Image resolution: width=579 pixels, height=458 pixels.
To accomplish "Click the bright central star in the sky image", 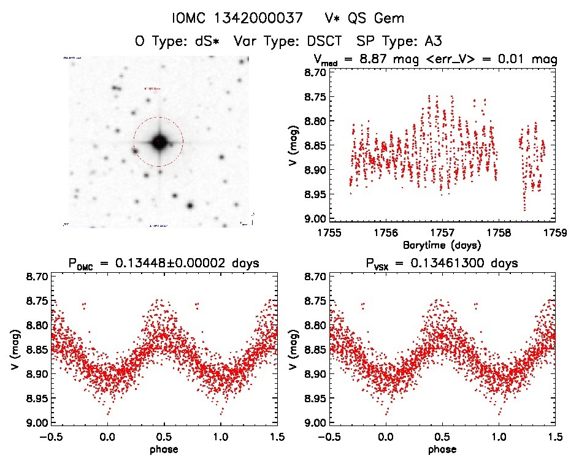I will (x=159, y=142).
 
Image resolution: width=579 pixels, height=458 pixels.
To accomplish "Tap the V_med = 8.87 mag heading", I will (x=435, y=59).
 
